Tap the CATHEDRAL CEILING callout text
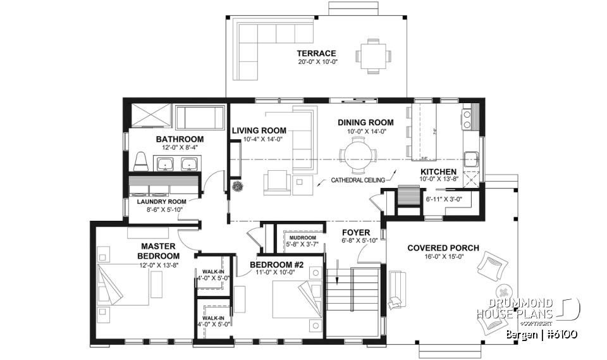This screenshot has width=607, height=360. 357,180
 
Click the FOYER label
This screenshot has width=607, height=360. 355,232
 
